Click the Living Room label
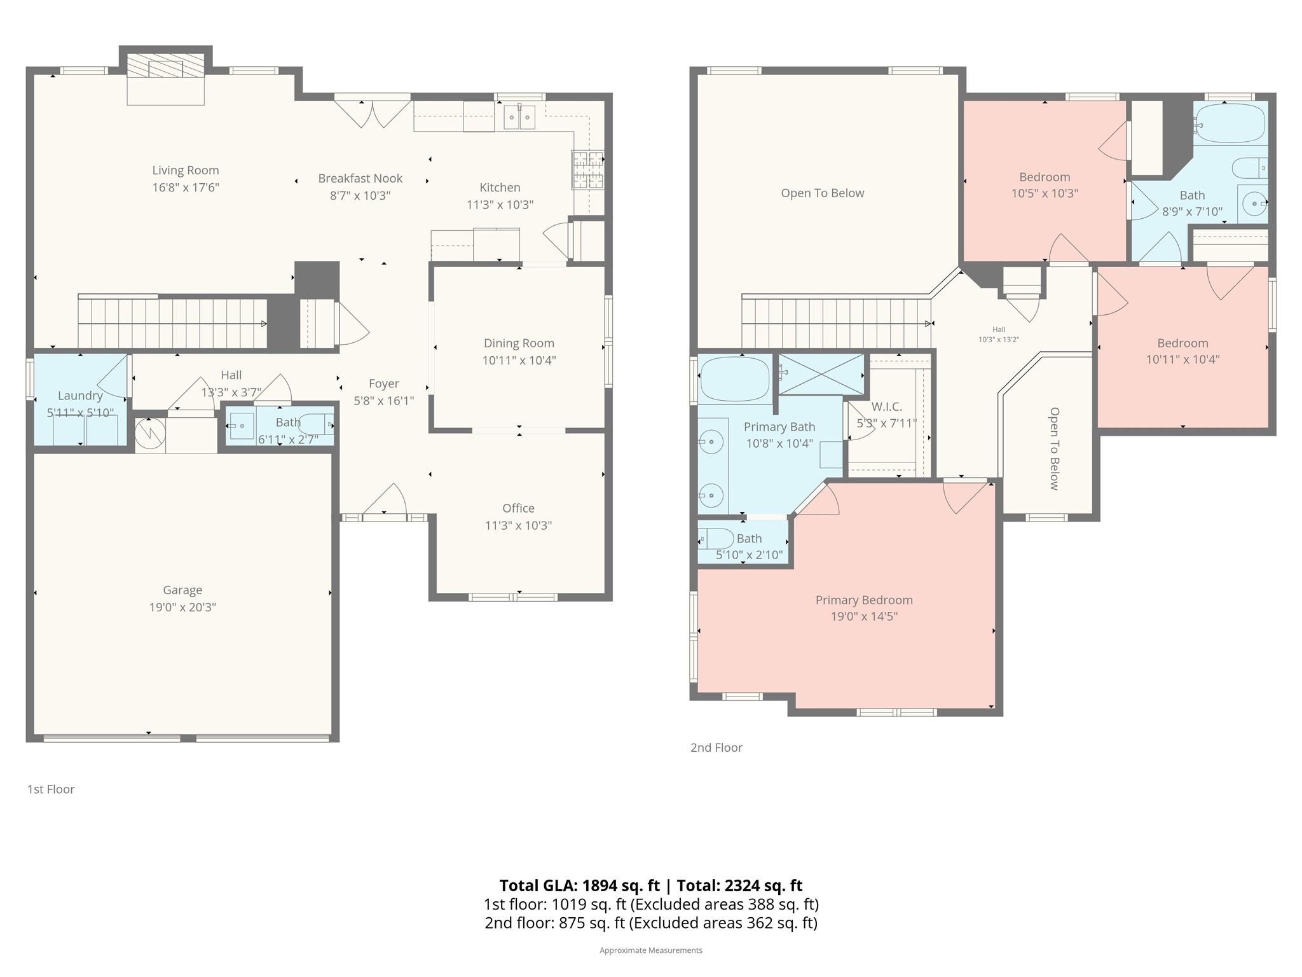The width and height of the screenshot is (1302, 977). tap(185, 170)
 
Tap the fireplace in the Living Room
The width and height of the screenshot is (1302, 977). tap(165, 66)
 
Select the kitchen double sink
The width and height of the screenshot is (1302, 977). tap(519, 118)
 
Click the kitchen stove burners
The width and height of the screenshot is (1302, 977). tap(587, 170)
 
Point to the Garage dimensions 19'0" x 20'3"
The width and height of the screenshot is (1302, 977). tap(182, 607)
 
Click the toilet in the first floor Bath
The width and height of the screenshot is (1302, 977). tap(317, 424)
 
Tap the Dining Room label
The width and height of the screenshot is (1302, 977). tap(519, 343)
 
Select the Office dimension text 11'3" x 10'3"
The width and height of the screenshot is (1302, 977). tap(518, 525)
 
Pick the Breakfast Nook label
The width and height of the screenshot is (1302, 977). tap(360, 179)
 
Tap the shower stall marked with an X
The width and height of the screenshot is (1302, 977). tap(821, 375)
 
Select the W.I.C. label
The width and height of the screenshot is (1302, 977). tap(886, 406)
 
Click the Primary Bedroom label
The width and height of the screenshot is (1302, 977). tap(863, 600)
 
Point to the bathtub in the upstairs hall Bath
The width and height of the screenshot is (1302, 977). tap(1230, 123)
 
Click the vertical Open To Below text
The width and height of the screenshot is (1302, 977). tap(1054, 448)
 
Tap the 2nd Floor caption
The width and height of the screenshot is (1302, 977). tap(716, 747)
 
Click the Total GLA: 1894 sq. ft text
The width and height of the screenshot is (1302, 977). tap(579, 885)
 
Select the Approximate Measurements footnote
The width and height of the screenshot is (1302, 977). tap(650, 950)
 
